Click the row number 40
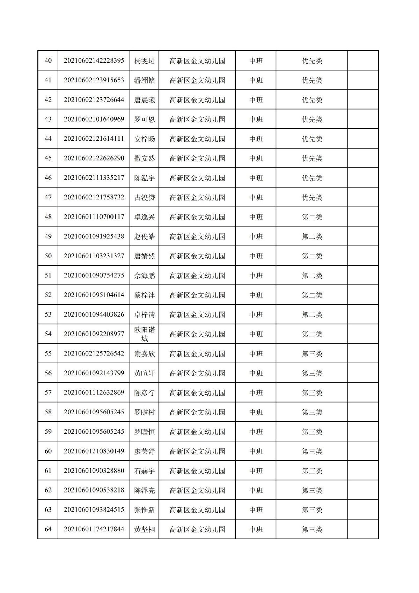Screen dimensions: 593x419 (48, 61)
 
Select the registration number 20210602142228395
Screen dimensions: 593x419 (94, 61)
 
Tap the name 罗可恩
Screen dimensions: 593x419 (144, 119)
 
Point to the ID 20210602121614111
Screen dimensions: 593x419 (94, 139)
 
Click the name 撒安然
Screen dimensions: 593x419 (144, 158)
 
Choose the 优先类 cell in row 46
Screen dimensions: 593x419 (312, 178)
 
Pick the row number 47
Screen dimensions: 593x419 (48, 197)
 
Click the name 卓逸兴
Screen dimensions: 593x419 (144, 217)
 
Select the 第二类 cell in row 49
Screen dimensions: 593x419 (312, 236)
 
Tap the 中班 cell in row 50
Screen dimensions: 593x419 (256, 256)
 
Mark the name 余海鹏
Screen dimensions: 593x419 (144, 276)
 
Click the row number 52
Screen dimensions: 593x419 (48, 295)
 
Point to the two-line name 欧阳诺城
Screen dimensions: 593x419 (144, 334)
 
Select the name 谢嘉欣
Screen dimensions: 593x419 (144, 354)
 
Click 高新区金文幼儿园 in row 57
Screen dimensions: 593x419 (197, 393)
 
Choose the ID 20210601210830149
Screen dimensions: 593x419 (94, 451)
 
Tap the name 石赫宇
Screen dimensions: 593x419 (144, 471)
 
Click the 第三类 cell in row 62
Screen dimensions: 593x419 (312, 490)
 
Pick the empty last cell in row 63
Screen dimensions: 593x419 (363, 510)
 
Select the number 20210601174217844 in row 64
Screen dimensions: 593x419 (94, 529)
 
